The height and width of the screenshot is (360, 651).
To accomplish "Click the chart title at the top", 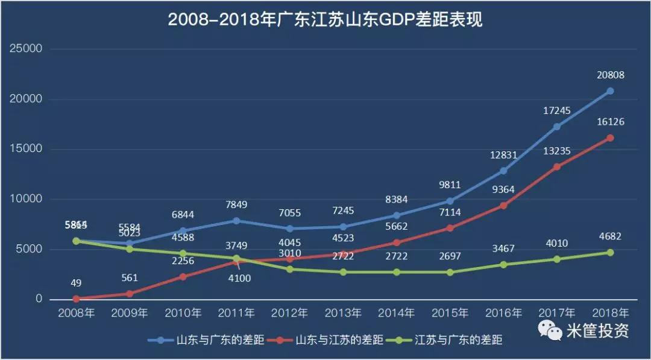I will click(325, 20).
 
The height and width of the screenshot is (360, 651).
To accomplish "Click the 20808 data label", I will click(611, 75).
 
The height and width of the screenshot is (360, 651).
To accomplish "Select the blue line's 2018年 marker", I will click(610, 91).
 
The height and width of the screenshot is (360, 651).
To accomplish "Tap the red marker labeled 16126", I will click(610, 138).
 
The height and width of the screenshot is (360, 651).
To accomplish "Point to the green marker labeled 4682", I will click(610, 253).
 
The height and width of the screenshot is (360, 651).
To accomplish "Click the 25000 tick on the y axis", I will click(25, 49).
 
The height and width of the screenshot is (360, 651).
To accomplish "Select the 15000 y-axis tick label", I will click(25, 149).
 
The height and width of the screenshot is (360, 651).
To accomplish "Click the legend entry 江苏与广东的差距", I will click(459, 340).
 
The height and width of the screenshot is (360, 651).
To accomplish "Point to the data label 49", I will click(76, 282).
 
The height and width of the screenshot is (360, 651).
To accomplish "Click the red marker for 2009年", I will click(130, 294).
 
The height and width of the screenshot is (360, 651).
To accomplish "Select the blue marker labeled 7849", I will click(236, 221).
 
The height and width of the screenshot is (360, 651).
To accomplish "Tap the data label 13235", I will click(556, 151).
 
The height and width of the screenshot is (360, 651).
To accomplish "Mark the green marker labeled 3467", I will click(503, 265).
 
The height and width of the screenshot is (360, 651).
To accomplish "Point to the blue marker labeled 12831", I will click(503, 171).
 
